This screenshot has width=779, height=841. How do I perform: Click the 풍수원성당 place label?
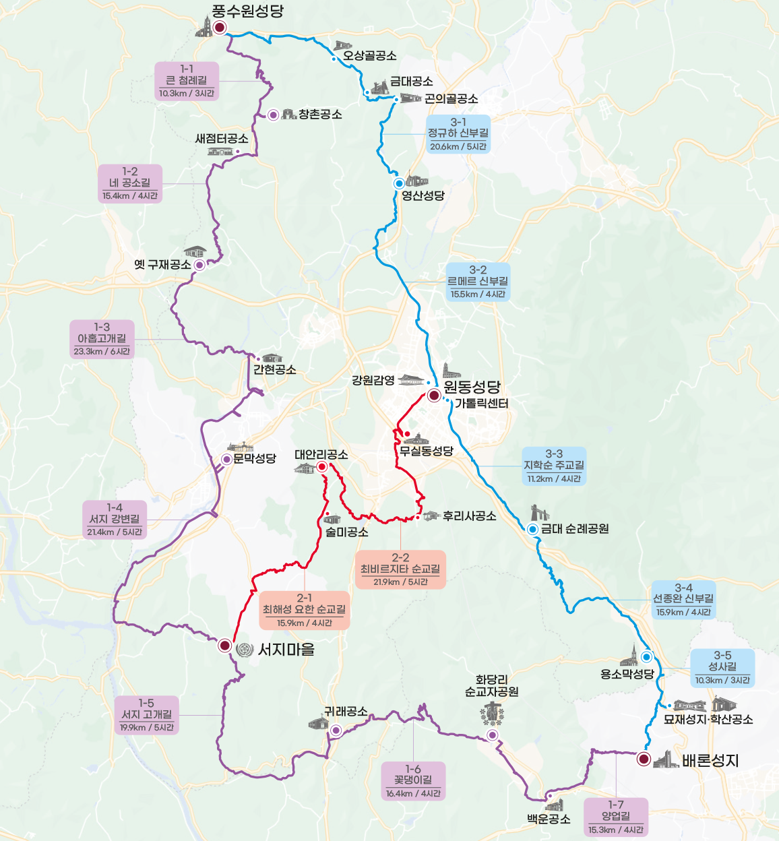pyautogui.click(x=247, y=11)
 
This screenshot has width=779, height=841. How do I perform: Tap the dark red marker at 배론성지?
pyautogui.click(x=644, y=759)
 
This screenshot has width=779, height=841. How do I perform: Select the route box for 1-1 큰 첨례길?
pyautogui.click(x=187, y=82)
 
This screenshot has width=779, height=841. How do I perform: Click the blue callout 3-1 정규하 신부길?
pyautogui.click(x=458, y=134)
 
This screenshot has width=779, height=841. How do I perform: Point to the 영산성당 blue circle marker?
pyautogui.click(x=399, y=183)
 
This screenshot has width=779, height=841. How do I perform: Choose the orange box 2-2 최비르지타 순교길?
pyautogui.click(x=400, y=569)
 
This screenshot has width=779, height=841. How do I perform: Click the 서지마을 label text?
pyautogui.click(x=286, y=650)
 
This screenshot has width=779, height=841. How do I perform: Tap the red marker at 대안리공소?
pyautogui.click(x=322, y=467)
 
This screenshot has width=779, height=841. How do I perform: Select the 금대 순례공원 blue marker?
pyautogui.click(x=532, y=529)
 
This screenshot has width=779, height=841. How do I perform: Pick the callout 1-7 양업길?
pyautogui.click(x=616, y=817)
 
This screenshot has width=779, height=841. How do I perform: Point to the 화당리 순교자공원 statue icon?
pyautogui.click(x=493, y=713)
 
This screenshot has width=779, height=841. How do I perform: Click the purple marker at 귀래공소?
pyautogui.click(x=336, y=730)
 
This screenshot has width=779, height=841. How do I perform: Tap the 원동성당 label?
pyautogui.click(x=472, y=387)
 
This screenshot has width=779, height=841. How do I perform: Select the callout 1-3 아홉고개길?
pyautogui.click(x=102, y=339)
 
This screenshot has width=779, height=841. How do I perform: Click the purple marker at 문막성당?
pyautogui.click(x=227, y=460)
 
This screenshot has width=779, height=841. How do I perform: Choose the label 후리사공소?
pyautogui.click(x=469, y=516)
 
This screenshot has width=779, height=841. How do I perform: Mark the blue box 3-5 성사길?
pyautogui.click(x=722, y=668)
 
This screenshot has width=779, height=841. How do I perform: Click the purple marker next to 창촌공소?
pyautogui.click(x=273, y=115)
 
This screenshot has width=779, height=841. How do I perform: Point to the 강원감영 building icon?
pyautogui.click(x=411, y=380)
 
